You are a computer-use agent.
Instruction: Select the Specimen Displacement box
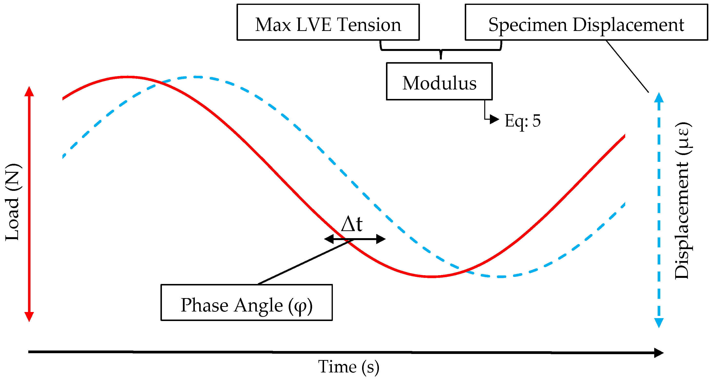(586, 22)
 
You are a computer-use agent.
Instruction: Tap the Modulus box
(439, 81)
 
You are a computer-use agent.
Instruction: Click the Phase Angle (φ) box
(246, 303)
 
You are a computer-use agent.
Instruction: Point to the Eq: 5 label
(522, 121)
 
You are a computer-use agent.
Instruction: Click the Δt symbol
(352, 224)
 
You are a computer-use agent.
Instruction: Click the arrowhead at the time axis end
(659, 353)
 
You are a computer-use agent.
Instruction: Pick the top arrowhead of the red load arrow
(29, 92)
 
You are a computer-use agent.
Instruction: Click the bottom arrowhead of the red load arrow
(29, 316)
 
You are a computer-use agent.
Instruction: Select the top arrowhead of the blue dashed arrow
(659, 98)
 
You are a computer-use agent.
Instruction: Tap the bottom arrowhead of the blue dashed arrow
(659, 322)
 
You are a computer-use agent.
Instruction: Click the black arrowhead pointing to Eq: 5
(494, 119)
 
